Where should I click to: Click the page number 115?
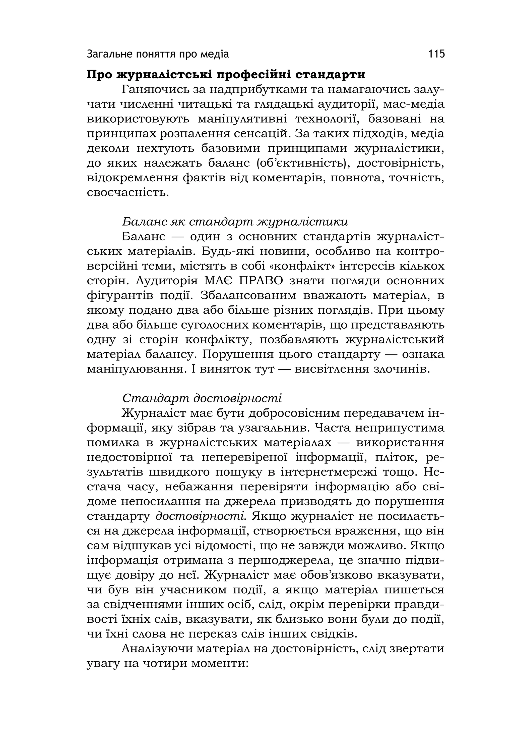436,54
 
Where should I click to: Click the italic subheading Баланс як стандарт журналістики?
235,222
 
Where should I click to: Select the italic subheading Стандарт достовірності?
202,398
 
